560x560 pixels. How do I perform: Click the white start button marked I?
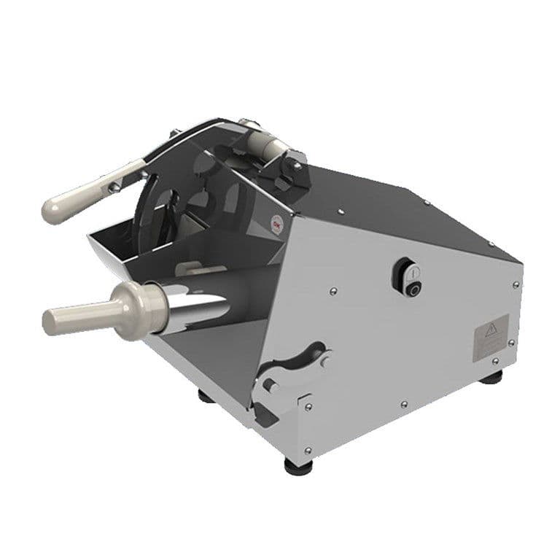[412, 273]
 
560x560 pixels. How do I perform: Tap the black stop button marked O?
[413, 289]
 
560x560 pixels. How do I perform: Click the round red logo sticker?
[276, 226]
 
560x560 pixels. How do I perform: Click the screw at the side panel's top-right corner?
[516, 284]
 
